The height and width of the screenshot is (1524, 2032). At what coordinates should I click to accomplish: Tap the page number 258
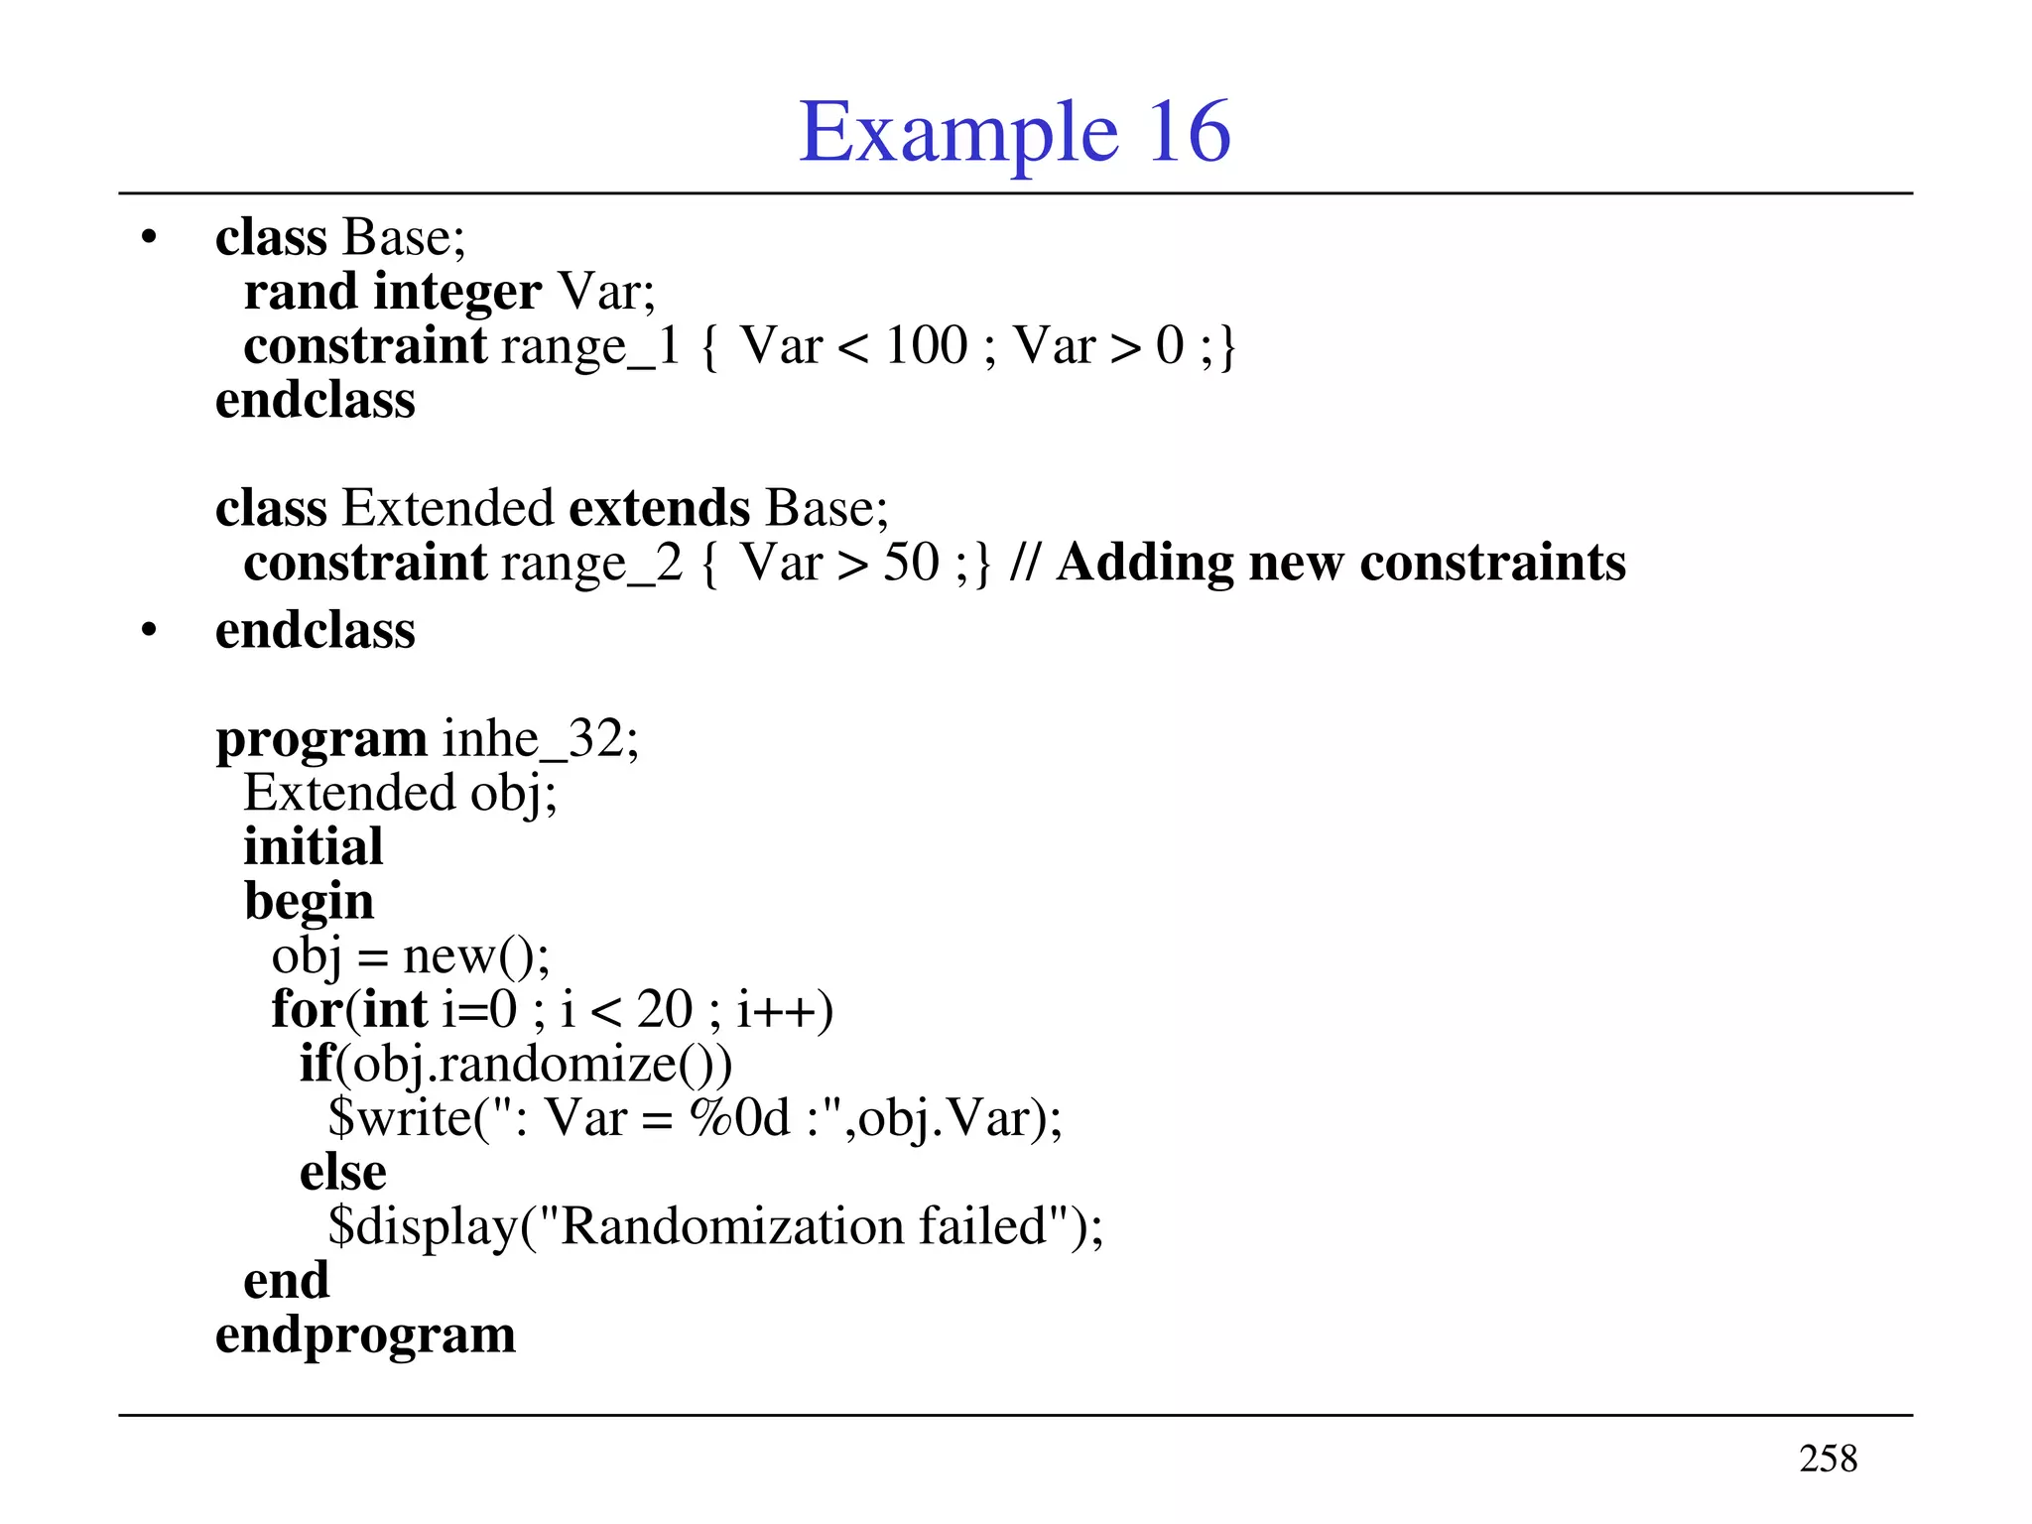[x=1828, y=1459]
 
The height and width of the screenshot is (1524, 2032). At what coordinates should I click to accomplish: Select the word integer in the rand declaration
[x=457, y=292]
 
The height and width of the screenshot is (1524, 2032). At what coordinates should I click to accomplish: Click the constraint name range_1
[x=590, y=346]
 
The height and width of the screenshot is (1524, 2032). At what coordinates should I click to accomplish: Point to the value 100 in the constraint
[x=926, y=346]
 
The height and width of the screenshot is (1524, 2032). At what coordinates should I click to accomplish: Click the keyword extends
[x=660, y=508]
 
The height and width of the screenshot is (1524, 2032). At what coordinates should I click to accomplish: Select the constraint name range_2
[x=592, y=563]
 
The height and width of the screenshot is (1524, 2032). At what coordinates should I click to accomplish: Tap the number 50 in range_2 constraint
[x=911, y=563]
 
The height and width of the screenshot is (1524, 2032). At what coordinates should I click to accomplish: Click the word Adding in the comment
[x=1144, y=563]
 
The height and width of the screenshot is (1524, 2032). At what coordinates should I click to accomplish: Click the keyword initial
[x=314, y=847]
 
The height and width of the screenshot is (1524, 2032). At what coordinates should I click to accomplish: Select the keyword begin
[x=310, y=902]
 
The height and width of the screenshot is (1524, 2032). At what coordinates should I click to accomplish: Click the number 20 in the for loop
[x=664, y=1010]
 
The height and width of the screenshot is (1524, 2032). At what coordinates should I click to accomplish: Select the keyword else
[x=343, y=1173]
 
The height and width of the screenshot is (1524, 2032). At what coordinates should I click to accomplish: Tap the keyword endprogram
[x=366, y=1334]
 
